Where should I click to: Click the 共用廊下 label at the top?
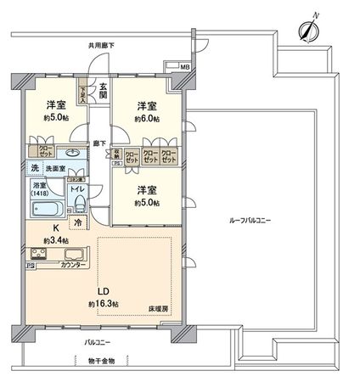(x=103, y=44)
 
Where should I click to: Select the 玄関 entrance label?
(x=103, y=88)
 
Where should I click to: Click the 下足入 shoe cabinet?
(x=83, y=92)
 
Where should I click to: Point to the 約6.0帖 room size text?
(x=147, y=120)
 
